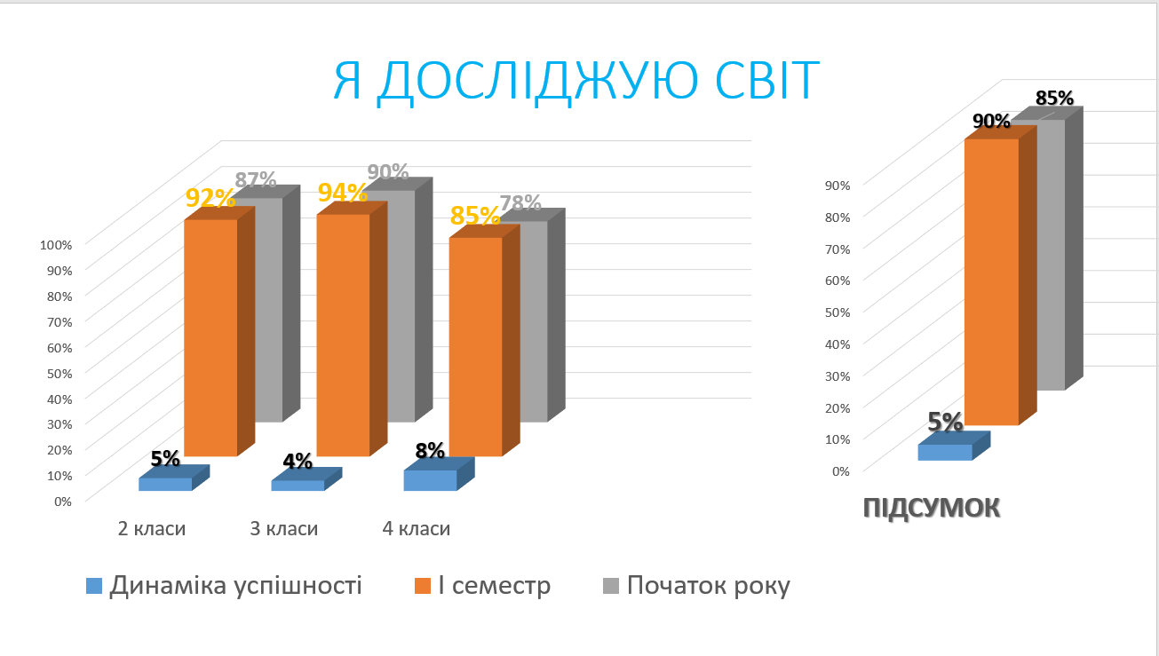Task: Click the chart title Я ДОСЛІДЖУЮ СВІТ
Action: coord(576,81)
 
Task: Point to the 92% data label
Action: coord(210,198)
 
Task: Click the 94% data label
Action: coord(343,193)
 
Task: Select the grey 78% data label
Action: coord(520,202)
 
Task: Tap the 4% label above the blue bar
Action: coord(298,461)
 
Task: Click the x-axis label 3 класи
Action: coord(284,528)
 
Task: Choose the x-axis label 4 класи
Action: coord(417,528)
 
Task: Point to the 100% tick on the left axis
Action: coord(56,245)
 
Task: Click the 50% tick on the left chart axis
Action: coord(60,373)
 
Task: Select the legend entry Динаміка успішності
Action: coord(224,586)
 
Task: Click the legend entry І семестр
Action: coord(483,586)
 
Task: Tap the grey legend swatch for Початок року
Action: coord(611,586)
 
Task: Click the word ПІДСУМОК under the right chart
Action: coord(932,508)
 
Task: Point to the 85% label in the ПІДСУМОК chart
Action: coord(1054,98)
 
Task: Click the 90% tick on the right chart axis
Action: coord(837,186)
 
